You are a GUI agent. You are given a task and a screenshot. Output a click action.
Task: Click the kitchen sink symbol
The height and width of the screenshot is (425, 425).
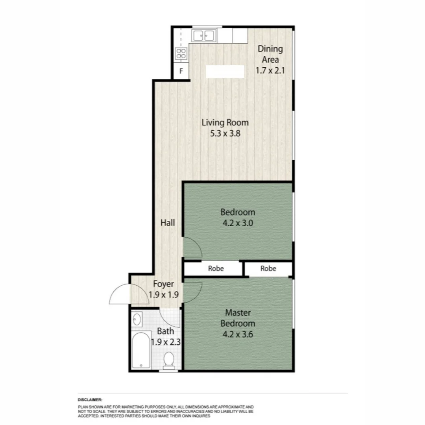pos(203,36)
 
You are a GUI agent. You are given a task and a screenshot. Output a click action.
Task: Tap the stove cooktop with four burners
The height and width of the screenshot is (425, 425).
pos(181,54)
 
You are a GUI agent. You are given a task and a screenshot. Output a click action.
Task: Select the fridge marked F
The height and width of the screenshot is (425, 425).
pos(181,72)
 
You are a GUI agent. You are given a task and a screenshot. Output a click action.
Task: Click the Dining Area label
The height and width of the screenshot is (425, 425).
pos(270,54)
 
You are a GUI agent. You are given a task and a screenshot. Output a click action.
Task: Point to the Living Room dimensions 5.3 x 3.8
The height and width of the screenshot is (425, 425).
pos(225,133)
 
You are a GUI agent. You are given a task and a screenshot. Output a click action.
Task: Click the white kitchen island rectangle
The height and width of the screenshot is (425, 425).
pos(225,72)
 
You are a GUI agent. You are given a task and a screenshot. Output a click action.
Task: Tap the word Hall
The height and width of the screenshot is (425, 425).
pos(168,223)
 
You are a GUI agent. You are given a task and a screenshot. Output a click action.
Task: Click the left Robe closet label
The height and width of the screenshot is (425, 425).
pos(216,269)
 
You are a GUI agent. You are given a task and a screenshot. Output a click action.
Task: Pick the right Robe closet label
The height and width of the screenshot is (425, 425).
pos(268,269)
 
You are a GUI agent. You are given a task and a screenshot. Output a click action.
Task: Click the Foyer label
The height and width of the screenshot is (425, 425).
pos(163,284)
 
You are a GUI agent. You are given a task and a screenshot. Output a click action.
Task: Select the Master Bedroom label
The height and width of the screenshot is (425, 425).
pos(237,318)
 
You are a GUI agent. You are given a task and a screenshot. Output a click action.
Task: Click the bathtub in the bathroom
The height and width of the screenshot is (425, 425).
pos(140,350)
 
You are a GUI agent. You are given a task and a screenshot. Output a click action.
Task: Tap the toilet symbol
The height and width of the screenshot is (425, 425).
pos(169,360)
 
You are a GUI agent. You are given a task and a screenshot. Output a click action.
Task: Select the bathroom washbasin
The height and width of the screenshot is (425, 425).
pos(137,319)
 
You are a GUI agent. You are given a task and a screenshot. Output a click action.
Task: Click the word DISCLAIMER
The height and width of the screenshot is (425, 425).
pos(90,399)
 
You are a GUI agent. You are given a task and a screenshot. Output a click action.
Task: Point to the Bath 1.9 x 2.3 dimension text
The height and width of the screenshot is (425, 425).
pos(166,342)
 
